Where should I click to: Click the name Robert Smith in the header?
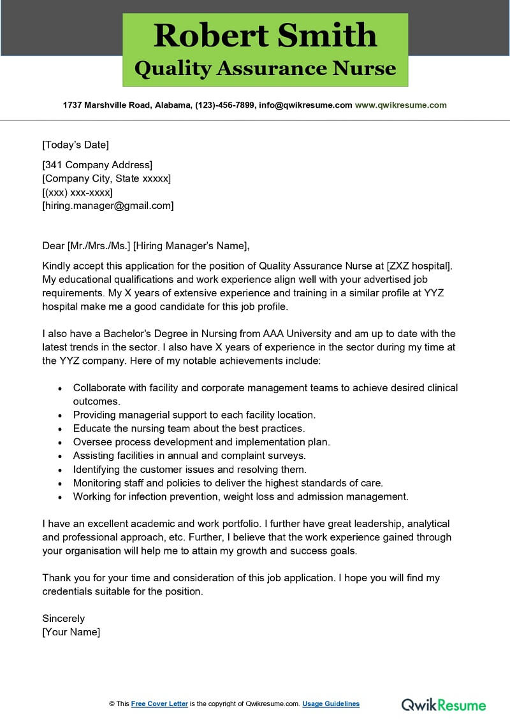(x=265, y=36)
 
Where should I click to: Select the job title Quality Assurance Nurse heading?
(x=265, y=68)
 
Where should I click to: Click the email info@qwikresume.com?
(x=305, y=105)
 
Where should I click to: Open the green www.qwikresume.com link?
(x=400, y=105)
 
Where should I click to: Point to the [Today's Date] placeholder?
(x=75, y=145)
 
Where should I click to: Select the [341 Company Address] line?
(x=97, y=165)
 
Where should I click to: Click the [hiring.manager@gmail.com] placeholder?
(x=108, y=205)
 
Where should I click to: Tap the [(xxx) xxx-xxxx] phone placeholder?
(x=77, y=192)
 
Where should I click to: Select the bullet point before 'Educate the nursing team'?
(x=60, y=429)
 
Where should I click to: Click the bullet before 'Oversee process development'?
(x=60, y=442)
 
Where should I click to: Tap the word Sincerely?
(x=63, y=618)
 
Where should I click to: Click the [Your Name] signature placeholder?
(x=71, y=631)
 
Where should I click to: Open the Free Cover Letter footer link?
(x=159, y=703)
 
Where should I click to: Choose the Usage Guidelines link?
(x=331, y=703)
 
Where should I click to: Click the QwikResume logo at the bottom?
(x=443, y=705)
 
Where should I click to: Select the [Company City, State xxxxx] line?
(x=106, y=178)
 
